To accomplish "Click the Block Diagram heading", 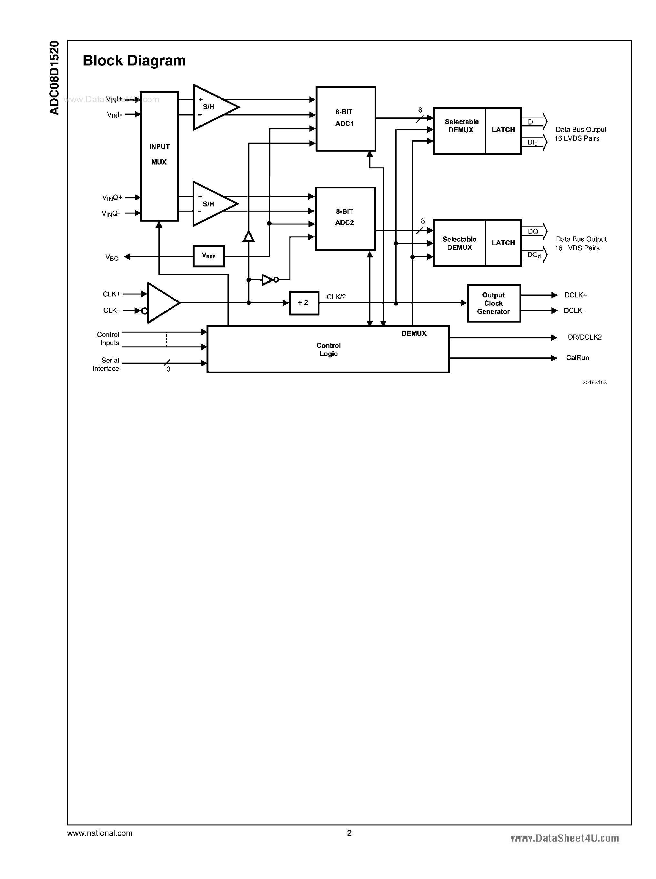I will [134, 61].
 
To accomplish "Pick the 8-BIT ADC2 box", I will [345, 218].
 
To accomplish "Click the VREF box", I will [208, 256].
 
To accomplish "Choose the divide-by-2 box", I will [304, 303].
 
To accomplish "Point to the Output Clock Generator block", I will [494, 303].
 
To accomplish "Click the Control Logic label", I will [328, 349].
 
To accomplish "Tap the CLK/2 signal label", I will [336, 297].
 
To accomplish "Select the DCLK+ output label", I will [575, 295].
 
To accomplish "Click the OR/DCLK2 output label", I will [584, 337].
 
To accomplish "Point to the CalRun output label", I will [577, 358].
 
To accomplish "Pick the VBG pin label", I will [112, 258].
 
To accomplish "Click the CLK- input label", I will [111, 310].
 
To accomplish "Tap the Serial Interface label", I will [106, 364].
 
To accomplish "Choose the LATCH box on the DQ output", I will [503, 243].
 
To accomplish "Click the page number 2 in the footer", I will [349, 833].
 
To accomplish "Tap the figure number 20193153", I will [594, 382].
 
